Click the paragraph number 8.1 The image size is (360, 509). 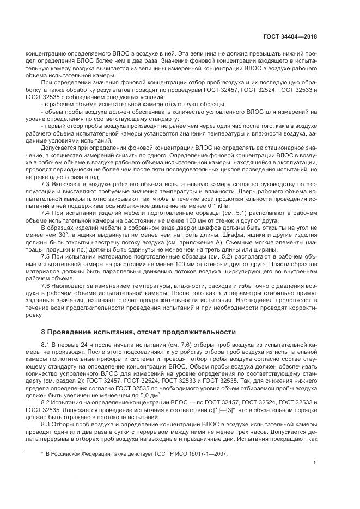(47, 345)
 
